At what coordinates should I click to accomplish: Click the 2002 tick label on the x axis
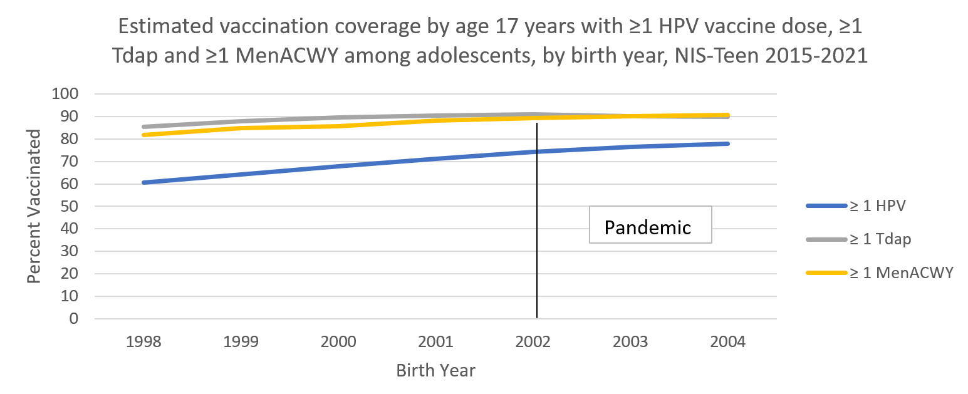point(533,343)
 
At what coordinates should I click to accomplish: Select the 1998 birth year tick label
point(143,343)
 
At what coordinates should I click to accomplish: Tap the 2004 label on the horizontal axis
point(728,343)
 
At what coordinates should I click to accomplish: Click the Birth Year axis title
point(435,371)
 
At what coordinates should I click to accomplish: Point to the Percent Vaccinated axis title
point(34,206)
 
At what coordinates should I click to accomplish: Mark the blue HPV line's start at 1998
point(144,182)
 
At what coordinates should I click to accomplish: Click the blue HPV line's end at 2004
point(728,143)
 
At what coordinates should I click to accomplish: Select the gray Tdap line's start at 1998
point(144,127)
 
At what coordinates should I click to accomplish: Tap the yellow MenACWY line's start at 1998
point(144,135)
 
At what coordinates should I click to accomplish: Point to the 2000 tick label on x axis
point(338,343)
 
